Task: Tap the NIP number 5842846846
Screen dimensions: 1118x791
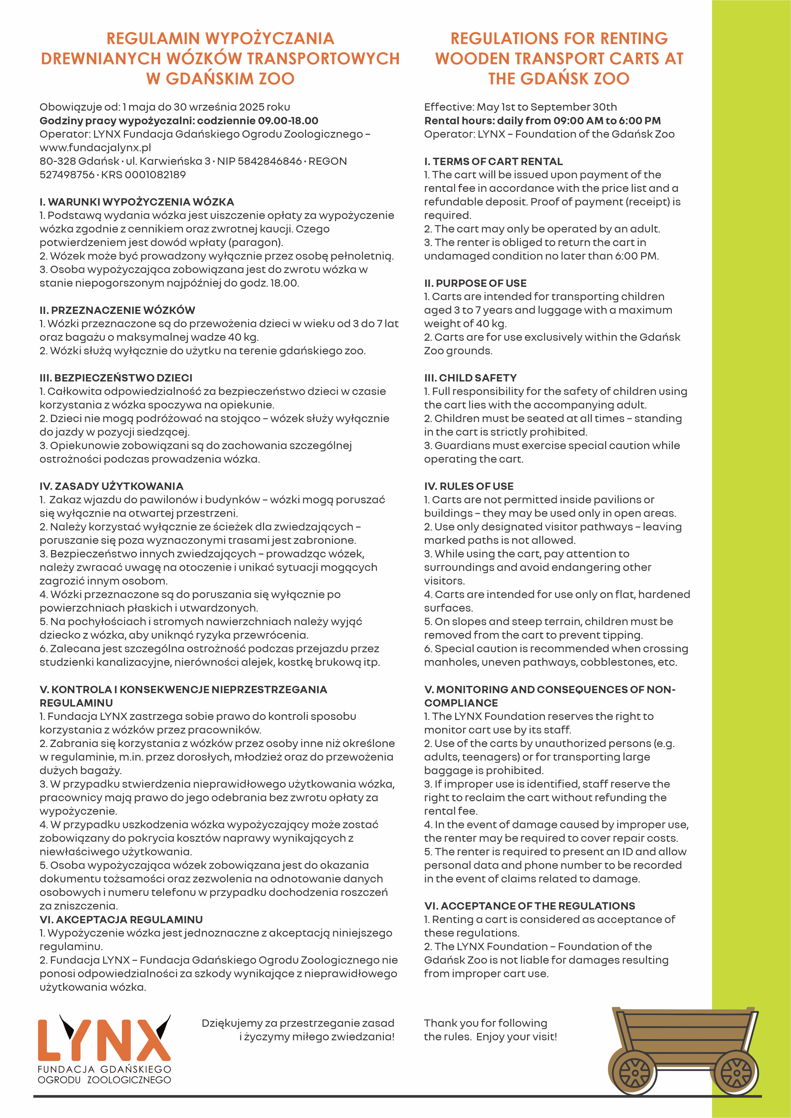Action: [x=270, y=161]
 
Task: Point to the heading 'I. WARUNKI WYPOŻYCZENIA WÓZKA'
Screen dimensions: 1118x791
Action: [x=137, y=202]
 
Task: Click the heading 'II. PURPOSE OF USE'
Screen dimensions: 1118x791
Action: [x=475, y=283]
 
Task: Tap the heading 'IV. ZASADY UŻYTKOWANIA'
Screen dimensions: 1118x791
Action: [x=112, y=486]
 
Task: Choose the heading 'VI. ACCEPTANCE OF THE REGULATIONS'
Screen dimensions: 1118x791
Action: [x=530, y=906]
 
